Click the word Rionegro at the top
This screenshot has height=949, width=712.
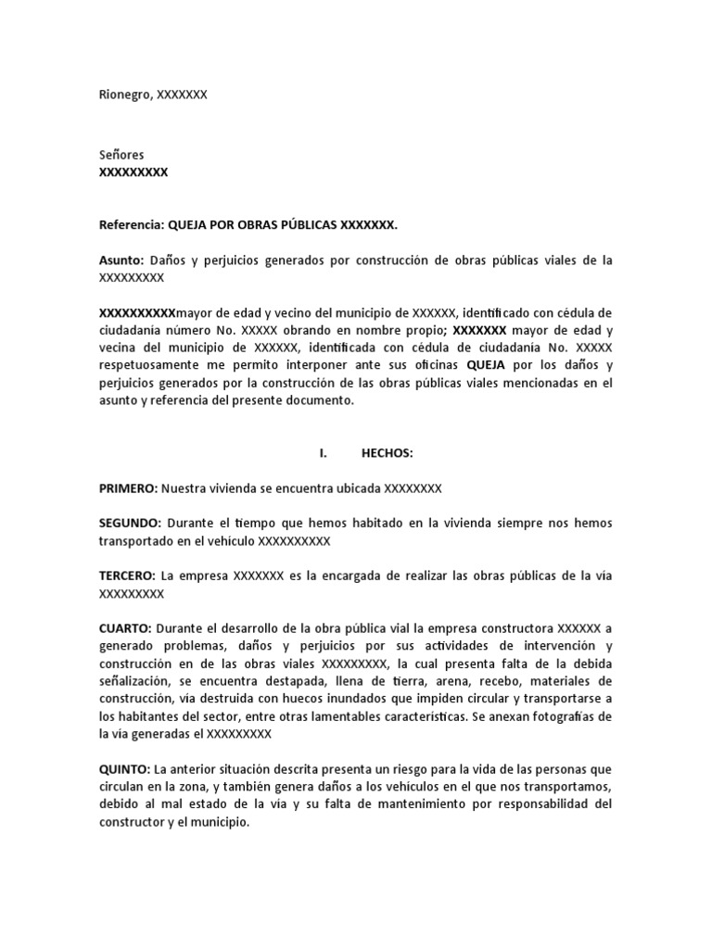tap(125, 95)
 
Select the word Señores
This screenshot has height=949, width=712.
tap(121, 155)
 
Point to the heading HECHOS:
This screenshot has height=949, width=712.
tap(387, 453)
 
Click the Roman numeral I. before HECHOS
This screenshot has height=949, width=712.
tap(324, 453)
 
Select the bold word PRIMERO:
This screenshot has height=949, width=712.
tap(129, 488)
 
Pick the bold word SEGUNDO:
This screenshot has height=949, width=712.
tap(131, 524)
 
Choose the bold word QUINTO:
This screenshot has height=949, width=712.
tap(125, 770)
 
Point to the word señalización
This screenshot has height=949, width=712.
tap(135, 682)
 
